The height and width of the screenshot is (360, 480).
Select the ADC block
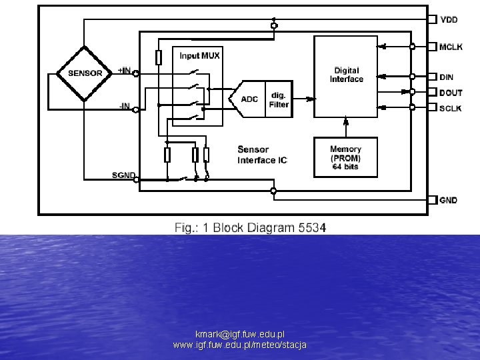[249, 99]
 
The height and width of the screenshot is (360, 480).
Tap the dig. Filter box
[279, 99]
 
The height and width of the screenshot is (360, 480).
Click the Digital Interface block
[346, 75]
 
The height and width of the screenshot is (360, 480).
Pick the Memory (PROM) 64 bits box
[345, 157]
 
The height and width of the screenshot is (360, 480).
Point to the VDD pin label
[449, 20]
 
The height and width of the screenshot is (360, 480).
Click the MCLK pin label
[450, 47]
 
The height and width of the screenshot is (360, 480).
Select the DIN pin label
[446, 77]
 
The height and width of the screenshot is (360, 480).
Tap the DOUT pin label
[450, 93]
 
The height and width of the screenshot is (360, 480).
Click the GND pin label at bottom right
[448, 200]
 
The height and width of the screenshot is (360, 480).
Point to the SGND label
[123, 175]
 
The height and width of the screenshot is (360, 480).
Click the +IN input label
[124, 70]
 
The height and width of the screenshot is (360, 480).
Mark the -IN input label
[125, 105]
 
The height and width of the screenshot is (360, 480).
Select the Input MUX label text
[199, 55]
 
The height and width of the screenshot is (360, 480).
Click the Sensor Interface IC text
[262, 154]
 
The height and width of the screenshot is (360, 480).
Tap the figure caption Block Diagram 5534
[251, 227]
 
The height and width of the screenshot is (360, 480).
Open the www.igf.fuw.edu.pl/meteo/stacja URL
[239, 345]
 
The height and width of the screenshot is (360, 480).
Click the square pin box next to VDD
[432, 20]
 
